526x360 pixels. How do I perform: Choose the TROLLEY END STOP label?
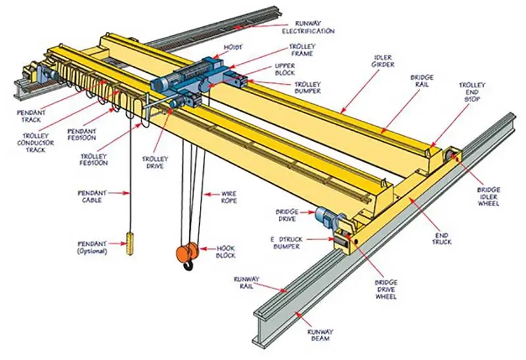pyautogui.click(x=472, y=93)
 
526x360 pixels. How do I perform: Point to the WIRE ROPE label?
pyautogui.click(x=228, y=196)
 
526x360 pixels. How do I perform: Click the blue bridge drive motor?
pyautogui.click(x=324, y=215)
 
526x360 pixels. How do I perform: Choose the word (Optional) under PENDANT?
pyautogui.click(x=92, y=251)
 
